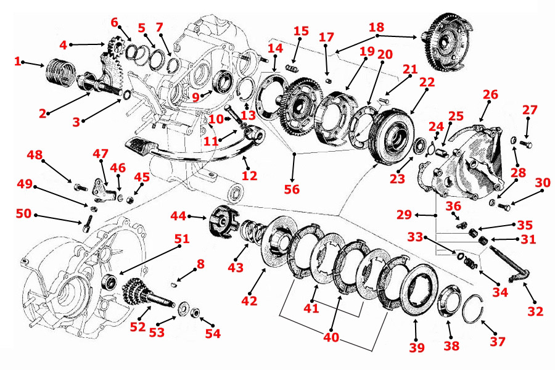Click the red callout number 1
click(x=18, y=61)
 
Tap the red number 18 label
click(x=376, y=28)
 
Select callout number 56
click(x=293, y=189)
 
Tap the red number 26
click(x=491, y=94)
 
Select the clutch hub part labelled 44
click(x=220, y=221)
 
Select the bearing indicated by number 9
click(x=223, y=84)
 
